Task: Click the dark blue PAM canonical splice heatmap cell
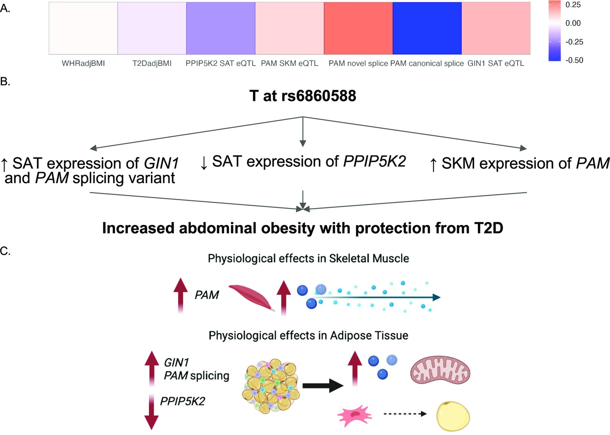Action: tap(427, 28)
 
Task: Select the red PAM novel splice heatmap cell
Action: tap(358, 28)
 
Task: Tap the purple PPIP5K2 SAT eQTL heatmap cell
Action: tap(220, 28)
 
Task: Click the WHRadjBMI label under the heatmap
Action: tap(83, 63)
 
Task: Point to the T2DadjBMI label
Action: tap(152, 63)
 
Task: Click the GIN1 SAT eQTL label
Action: tap(496, 63)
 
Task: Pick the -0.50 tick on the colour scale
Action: tap(574, 60)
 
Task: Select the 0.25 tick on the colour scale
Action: tap(573, 5)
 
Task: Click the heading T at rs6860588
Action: tap(303, 96)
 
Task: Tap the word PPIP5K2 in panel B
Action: tap(375, 162)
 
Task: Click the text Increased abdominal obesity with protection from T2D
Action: tap(303, 228)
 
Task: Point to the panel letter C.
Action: tap(5, 251)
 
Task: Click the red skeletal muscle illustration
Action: tap(251, 297)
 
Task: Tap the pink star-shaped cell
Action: tap(354, 415)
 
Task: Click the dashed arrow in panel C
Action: tap(405, 414)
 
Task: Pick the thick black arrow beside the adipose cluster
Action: tap(323, 385)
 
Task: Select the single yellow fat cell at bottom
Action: tap(453, 416)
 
